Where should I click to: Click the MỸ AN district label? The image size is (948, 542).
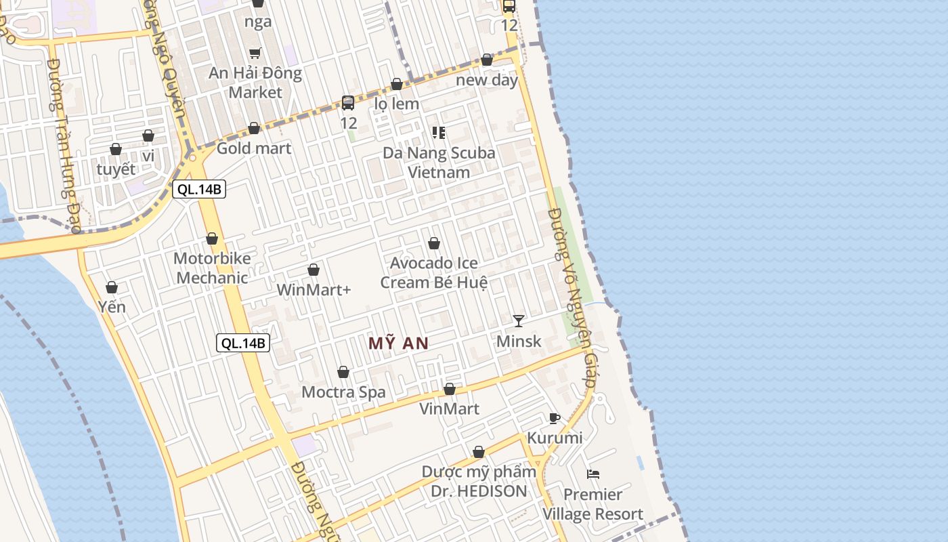tap(398, 343)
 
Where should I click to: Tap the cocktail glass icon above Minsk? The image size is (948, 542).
tap(519, 320)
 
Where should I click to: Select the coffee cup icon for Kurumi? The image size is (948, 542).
tap(555, 418)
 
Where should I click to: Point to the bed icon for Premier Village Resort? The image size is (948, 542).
tap(593, 474)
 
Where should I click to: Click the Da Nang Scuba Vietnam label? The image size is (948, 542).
tap(439, 163)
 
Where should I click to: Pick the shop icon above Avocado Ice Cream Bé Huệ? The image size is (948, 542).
tap(434, 243)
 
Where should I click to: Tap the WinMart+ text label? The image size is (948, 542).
tap(314, 290)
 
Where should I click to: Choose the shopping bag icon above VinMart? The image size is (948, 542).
tap(449, 389)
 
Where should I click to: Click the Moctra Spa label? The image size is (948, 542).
tap(343, 392)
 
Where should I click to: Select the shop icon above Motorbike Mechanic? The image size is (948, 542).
tap(212, 238)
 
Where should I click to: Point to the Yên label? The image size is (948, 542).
tap(112, 307)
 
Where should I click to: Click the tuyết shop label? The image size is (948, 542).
tap(116, 169)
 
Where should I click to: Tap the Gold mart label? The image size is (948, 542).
tap(254, 148)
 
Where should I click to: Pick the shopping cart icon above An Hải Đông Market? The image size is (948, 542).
tap(255, 53)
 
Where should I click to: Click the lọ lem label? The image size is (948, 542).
tap(397, 104)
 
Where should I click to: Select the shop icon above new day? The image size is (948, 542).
tap(487, 60)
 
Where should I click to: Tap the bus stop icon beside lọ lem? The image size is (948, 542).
tap(348, 103)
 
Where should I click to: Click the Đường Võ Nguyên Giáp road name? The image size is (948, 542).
tap(572, 298)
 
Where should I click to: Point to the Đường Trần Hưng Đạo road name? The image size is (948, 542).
tap(65, 146)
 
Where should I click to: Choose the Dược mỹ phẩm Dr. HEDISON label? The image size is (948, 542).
tap(479, 481)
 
